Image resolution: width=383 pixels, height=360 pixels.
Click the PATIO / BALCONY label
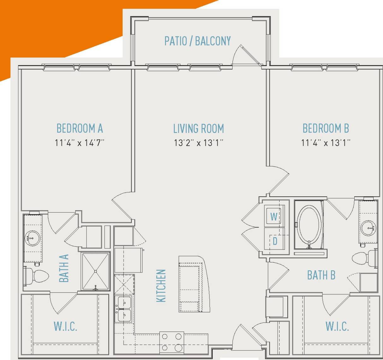[197, 41]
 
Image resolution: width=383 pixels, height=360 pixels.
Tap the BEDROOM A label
[80, 129]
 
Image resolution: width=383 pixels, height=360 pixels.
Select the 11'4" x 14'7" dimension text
[80, 143]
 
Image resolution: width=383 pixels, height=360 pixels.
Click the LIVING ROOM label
[198, 129]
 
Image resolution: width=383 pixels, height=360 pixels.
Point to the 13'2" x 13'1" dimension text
[198, 143]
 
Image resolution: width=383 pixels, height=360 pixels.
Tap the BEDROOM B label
[326, 129]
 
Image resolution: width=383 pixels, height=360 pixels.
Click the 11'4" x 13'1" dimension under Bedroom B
[326, 143]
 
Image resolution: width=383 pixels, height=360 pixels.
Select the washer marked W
[274, 216]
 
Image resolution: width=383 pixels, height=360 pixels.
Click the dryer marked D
[274, 241]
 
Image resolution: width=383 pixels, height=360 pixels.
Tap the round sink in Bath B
[368, 228]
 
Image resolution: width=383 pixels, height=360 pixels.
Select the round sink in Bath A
[32, 238]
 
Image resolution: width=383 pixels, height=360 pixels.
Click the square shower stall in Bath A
[96, 271]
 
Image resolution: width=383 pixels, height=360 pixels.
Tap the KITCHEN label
[161, 285]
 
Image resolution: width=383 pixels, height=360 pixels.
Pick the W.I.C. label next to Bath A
[65, 326]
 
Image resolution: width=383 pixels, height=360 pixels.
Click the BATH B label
[321, 275]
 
